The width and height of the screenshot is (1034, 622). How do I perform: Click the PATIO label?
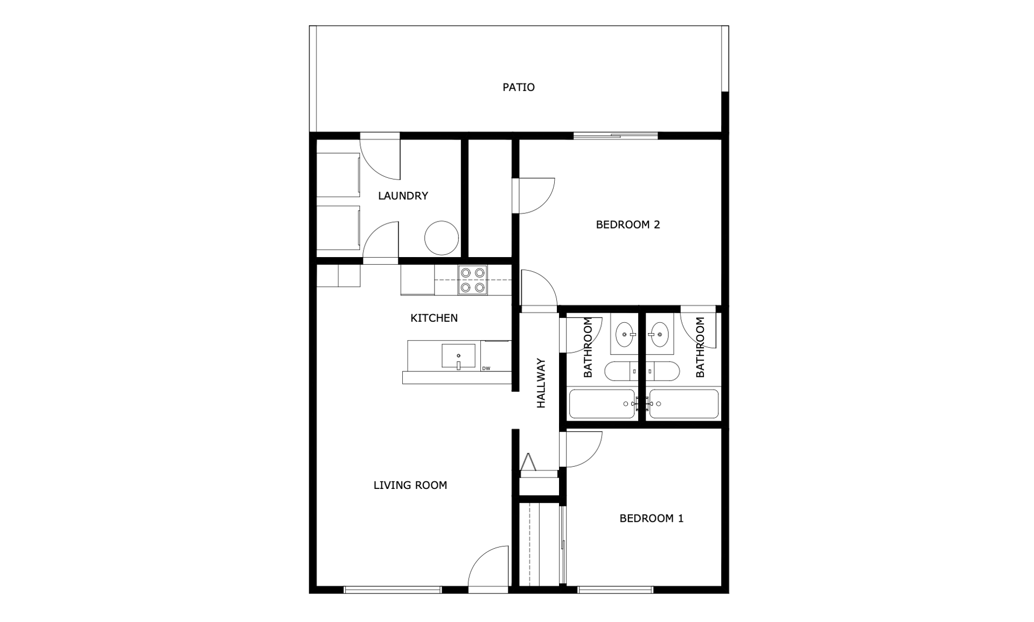tap(519, 87)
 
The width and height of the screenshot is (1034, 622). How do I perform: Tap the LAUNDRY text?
tap(403, 196)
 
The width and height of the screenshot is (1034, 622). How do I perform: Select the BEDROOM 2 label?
tap(628, 225)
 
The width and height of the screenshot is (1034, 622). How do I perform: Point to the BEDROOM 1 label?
tap(652, 519)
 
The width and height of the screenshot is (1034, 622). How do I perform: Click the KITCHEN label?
tap(434, 318)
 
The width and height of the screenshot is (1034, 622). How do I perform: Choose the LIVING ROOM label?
tap(410, 485)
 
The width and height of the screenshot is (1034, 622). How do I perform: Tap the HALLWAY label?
tap(541, 383)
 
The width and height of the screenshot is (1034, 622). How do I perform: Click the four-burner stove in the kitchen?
tap(473, 280)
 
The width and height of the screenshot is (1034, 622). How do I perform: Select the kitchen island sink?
tap(459, 356)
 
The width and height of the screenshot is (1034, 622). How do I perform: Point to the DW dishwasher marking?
tap(486, 369)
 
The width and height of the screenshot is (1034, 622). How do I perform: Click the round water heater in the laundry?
tap(442, 238)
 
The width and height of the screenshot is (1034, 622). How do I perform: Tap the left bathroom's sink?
tap(625, 335)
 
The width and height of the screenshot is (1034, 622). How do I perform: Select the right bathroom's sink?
tap(659, 335)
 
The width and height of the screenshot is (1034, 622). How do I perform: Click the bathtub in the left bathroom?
tap(602, 404)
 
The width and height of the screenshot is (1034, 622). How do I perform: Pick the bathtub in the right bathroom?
tap(683, 404)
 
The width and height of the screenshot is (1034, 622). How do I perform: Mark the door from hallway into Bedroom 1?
tap(581, 450)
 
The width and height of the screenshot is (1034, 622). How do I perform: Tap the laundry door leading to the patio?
tap(380, 156)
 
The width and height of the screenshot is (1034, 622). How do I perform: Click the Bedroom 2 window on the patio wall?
tap(615, 136)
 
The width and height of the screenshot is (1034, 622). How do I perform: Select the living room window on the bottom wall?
tap(393, 590)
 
